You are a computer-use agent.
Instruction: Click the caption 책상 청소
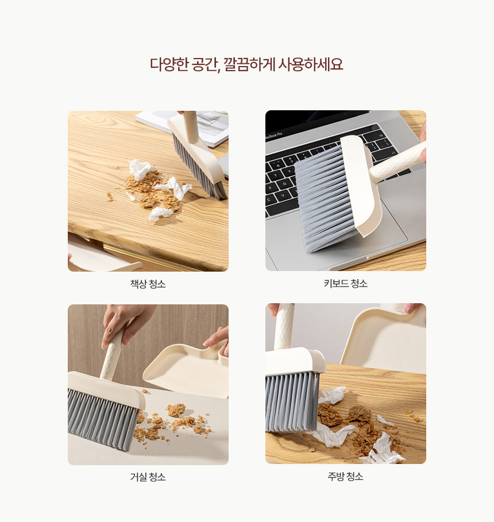click(x=148, y=284)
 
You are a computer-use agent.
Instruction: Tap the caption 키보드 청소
click(x=345, y=284)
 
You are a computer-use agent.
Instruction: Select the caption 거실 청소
click(x=148, y=477)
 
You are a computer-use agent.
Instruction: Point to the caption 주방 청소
click(x=345, y=477)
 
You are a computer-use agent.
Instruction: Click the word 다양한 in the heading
click(x=169, y=64)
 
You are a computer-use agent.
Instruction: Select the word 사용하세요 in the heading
click(x=310, y=64)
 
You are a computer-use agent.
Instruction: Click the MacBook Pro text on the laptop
click(x=274, y=136)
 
